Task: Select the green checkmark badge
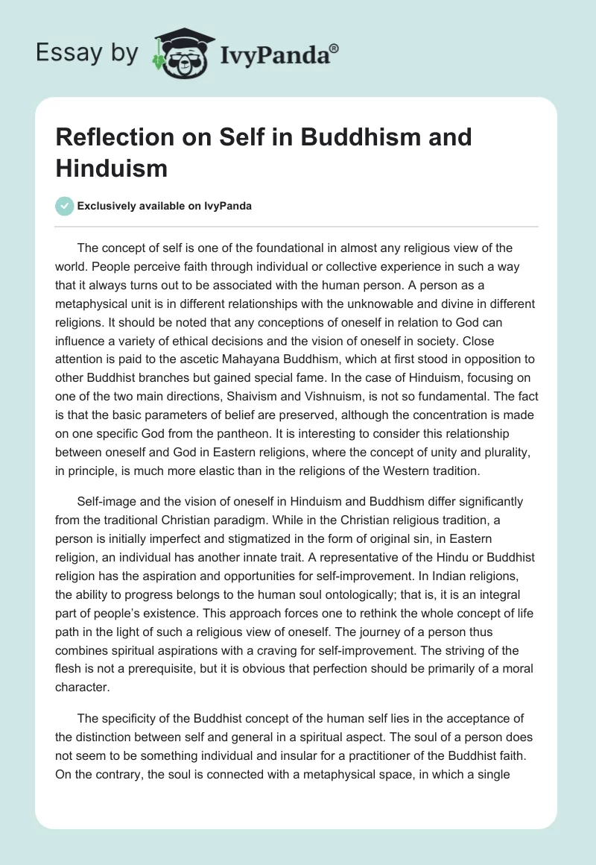click(x=64, y=206)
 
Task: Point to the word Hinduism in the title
click(x=111, y=169)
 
